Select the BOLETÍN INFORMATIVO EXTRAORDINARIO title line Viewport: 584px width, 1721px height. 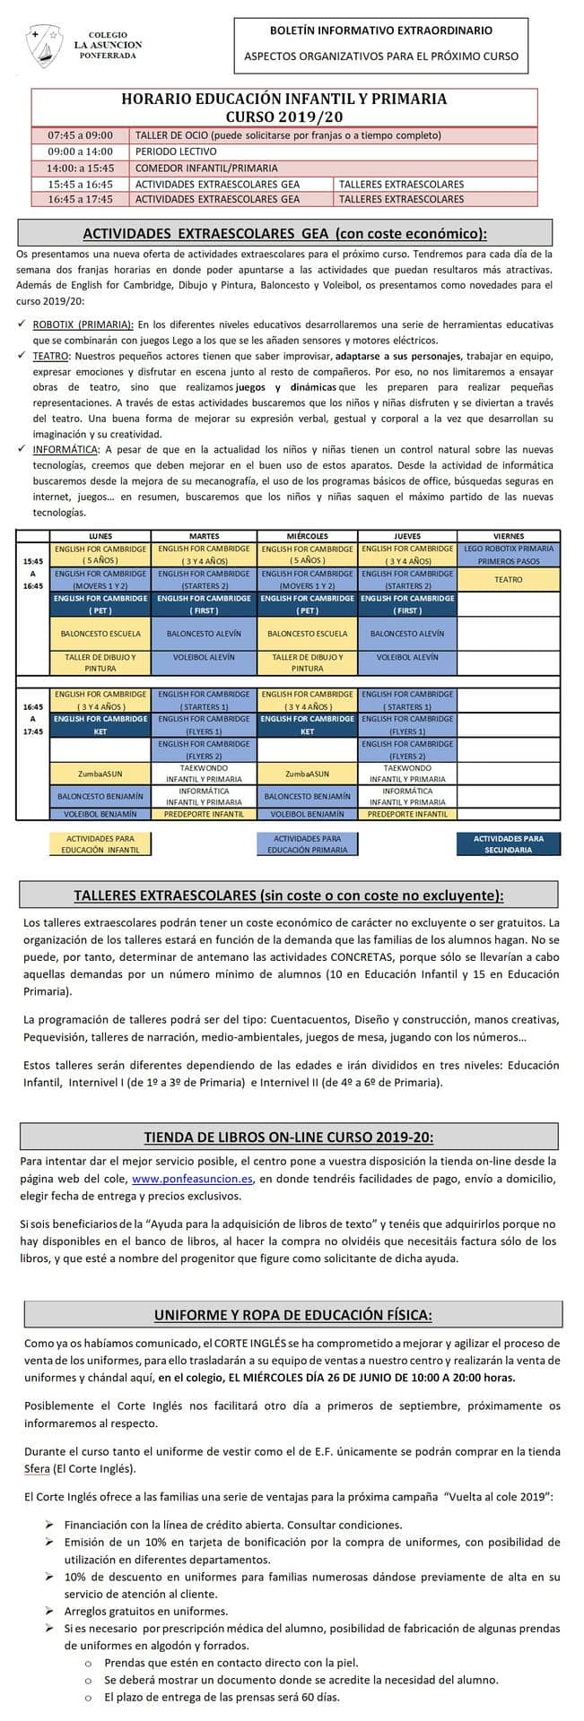[380, 30]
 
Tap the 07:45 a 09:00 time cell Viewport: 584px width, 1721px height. [81, 135]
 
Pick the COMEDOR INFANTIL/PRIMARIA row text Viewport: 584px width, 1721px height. [206, 168]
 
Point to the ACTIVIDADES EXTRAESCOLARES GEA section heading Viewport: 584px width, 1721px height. [284, 234]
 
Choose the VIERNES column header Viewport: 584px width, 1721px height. [509, 536]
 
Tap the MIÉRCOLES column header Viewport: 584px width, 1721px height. [308, 536]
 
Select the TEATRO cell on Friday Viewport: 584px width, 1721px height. [509, 580]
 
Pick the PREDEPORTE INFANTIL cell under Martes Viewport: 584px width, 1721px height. [205, 814]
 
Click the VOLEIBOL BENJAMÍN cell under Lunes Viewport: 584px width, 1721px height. [100, 814]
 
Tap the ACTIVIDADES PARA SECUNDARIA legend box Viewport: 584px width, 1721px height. [510, 843]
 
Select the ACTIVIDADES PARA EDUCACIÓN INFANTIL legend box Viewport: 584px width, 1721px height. [100, 843]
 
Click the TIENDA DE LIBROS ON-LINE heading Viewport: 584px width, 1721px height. [289, 1137]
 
